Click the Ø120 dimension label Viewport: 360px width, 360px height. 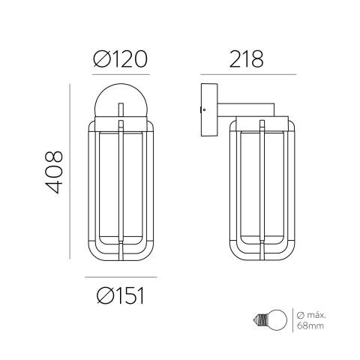tap(121, 59)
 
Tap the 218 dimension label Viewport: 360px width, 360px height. tap(246, 59)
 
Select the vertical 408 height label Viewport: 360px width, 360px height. tap(54, 172)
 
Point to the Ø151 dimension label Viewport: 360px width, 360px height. tap(121, 295)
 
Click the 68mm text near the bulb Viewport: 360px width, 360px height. tap(310, 325)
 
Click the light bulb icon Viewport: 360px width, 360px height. tap(270, 320)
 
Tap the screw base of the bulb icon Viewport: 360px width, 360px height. tap(259, 320)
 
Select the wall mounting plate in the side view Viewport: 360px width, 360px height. tap(209, 110)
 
